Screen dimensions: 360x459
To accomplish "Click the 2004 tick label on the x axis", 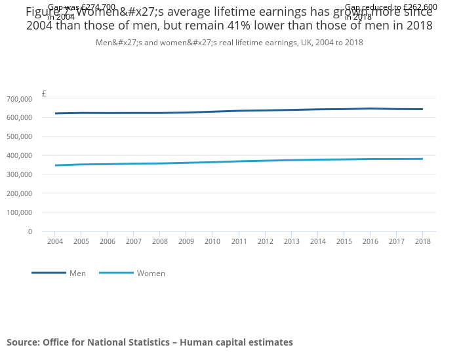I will pos(54,242).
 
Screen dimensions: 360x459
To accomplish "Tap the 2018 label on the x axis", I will pos(422,242).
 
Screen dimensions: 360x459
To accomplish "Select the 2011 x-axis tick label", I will pos(239,242).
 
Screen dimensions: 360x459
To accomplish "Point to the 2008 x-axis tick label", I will pos(160,242).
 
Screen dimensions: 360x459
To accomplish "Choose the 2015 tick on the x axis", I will pos(344,242).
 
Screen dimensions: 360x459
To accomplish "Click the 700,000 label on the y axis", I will pos(19,99).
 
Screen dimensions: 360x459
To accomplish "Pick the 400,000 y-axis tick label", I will pos(19,156).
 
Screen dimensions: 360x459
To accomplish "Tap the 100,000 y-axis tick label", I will pos(19,212).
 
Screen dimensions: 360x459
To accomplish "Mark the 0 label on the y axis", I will pos(30,231).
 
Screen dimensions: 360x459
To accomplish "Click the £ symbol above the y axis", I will pos(44,94).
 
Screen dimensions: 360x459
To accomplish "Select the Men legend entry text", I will pos(77,273).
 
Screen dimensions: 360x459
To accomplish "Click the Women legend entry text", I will pos(151,273).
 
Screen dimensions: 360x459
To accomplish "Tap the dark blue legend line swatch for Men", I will pos(49,273).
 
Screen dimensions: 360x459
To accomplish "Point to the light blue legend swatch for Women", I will pos(116,273).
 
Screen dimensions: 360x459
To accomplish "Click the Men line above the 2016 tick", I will pos(370,109).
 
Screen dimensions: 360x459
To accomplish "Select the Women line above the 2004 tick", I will pos(55,165).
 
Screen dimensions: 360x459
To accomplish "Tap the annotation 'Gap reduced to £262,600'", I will pos(391,7).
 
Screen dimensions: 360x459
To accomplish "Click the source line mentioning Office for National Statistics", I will pos(150,342).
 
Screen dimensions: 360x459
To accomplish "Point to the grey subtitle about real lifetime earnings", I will pos(229,43).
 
